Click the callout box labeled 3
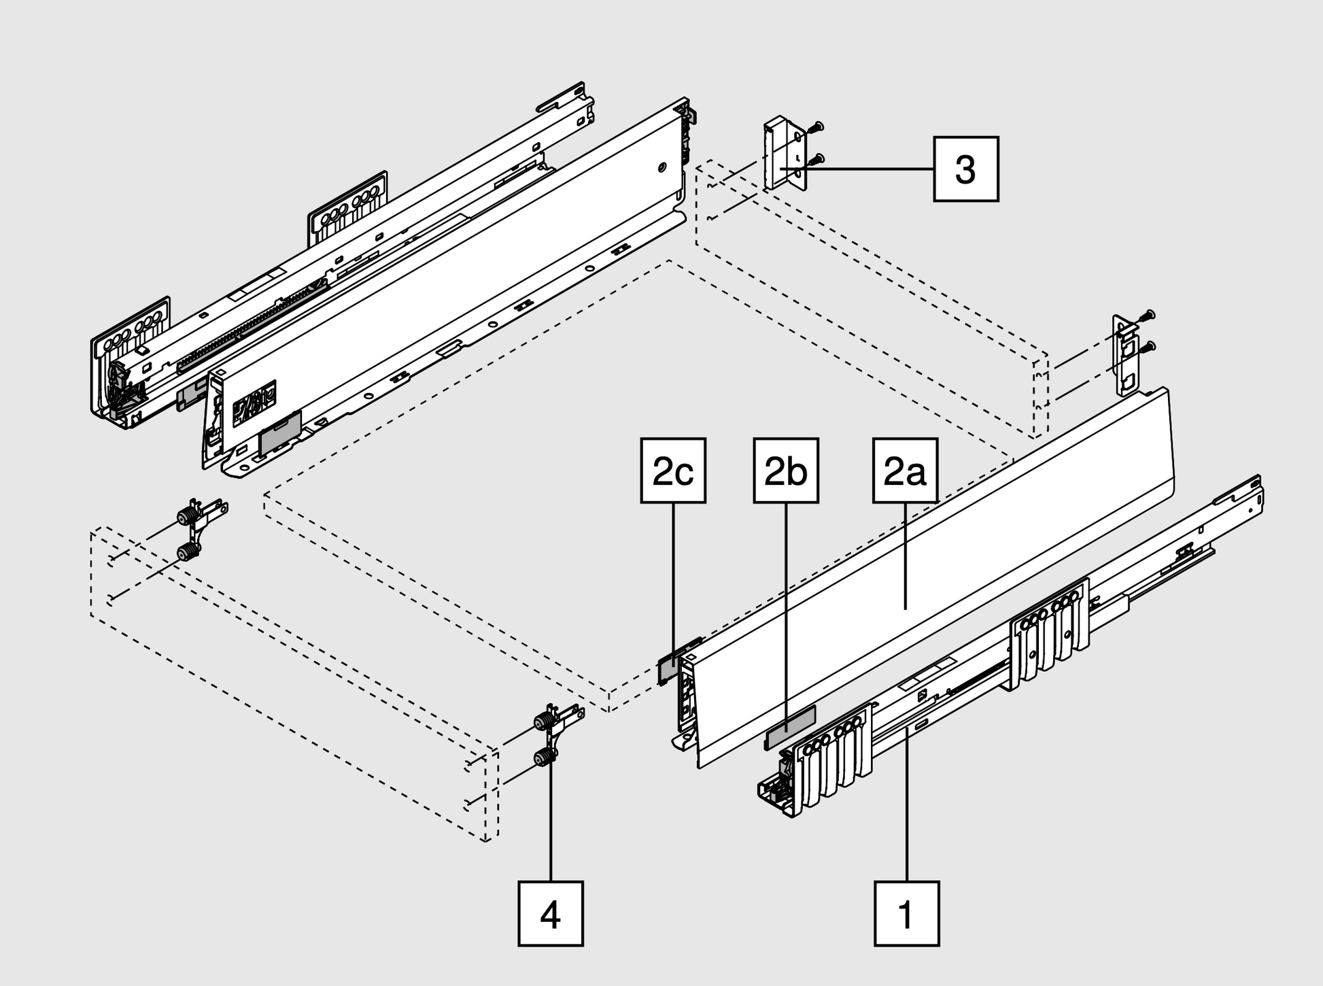965,169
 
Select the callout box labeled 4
551,913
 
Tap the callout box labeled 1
906,913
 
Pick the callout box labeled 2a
905,471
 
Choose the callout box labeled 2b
786,471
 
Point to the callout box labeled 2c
673,471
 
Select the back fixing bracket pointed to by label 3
785,155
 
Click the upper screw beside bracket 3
816,126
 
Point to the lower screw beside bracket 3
816,160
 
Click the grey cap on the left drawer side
280,434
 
